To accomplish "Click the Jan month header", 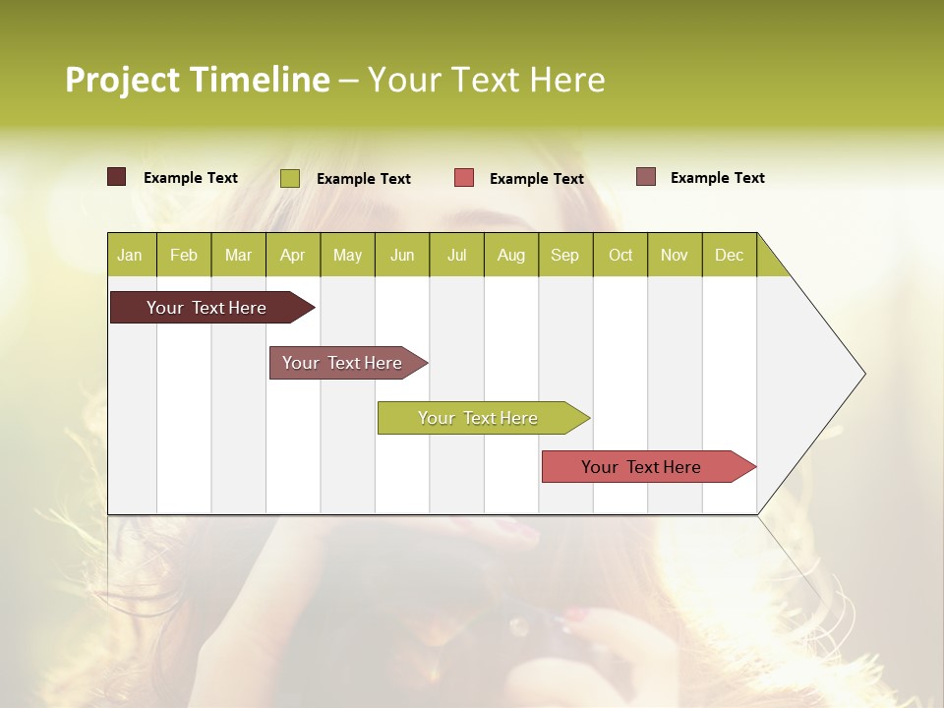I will (131, 256).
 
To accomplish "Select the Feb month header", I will (184, 256).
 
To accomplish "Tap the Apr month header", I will (293, 256).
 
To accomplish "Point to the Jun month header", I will (402, 256).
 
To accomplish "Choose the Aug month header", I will (511, 256).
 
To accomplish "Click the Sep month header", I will (565, 256).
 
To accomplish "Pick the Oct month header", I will (620, 256).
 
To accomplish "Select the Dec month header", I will (730, 256).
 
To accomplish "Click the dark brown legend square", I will (117, 177).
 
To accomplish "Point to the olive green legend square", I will (290, 178).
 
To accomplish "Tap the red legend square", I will (464, 178).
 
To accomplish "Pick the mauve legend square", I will (646, 177).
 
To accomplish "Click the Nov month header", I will (675, 256).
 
